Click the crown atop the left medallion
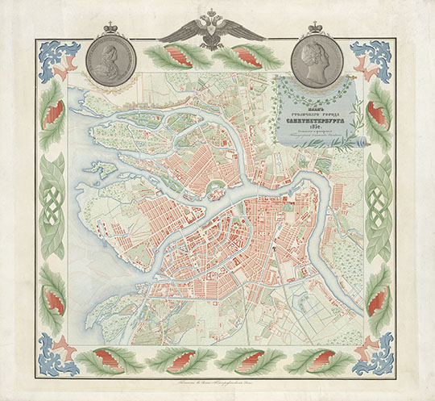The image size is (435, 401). point(113,27)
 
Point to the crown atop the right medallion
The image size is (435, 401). point(315,27)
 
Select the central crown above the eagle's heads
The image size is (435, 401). point(212,13)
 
